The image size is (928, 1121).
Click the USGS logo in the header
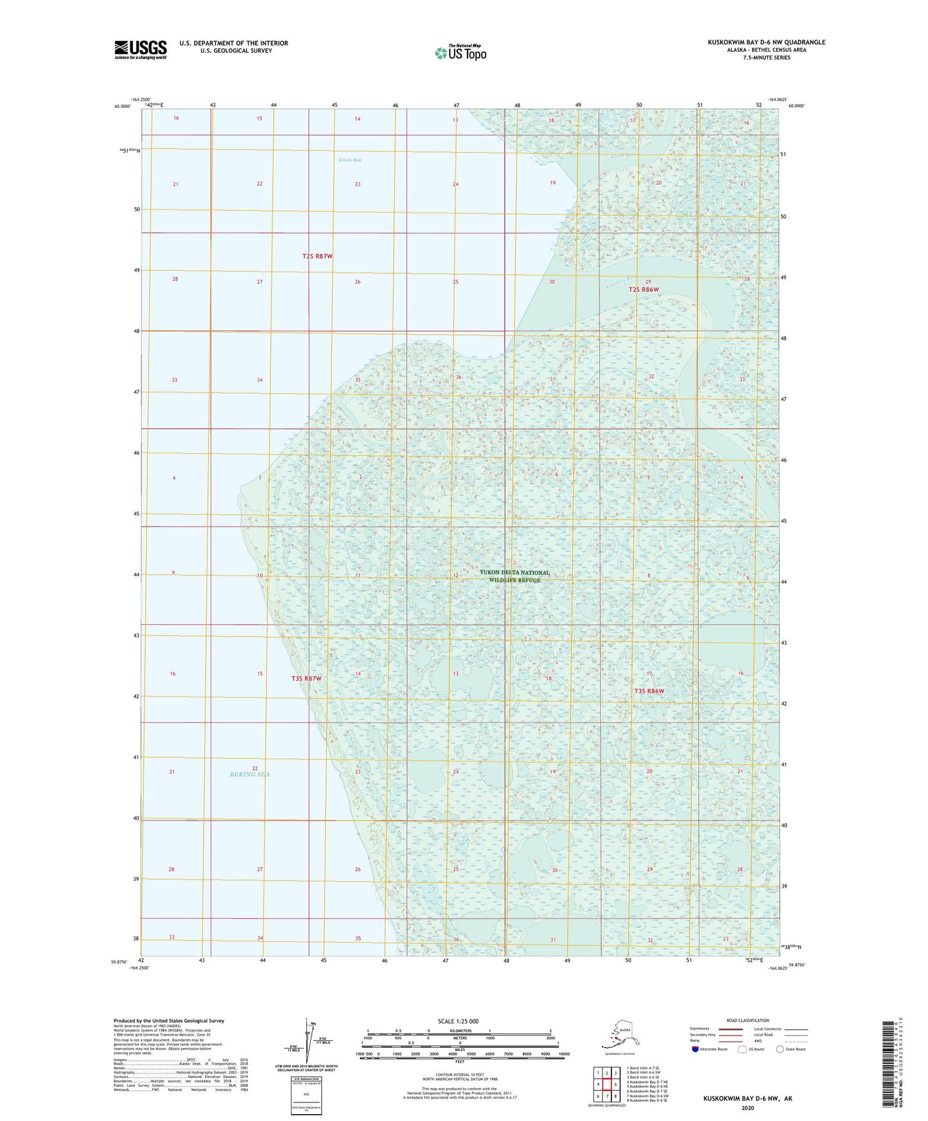click(x=140, y=49)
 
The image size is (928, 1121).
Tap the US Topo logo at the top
click(x=460, y=52)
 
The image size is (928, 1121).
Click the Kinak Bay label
click(x=350, y=160)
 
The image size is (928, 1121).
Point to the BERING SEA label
click(x=250, y=774)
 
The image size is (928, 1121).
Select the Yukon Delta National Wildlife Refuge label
click(x=514, y=576)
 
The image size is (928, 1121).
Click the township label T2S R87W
click(x=317, y=256)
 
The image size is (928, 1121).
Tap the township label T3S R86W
click(x=649, y=691)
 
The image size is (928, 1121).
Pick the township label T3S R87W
click(x=306, y=679)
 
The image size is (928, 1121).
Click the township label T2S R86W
click(x=643, y=290)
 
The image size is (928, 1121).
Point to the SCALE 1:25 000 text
click(x=458, y=1021)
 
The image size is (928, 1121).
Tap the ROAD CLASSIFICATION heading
click(x=747, y=1020)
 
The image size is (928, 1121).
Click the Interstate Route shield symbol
click(x=696, y=1049)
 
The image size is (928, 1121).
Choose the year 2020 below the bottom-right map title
click(x=747, y=1108)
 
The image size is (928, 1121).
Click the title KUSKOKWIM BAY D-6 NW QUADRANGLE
click(x=766, y=42)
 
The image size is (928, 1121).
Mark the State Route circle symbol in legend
click(x=780, y=1049)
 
